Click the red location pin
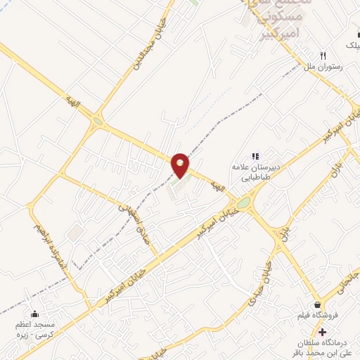point(181,165)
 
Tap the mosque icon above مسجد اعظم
point(34,314)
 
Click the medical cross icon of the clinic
point(322,331)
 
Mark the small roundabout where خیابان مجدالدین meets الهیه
point(97,121)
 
